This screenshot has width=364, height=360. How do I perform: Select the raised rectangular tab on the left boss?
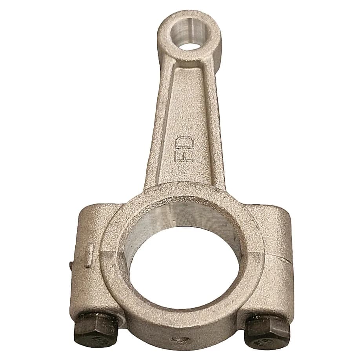pyautogui.click(x=89, y=255)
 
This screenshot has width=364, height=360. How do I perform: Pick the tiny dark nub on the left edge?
pyautogui.click(x=71, y=266)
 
